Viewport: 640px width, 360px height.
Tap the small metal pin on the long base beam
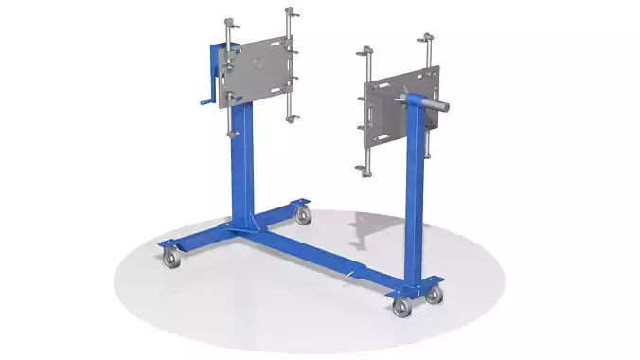351,275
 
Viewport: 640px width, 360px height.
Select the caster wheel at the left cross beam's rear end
303,215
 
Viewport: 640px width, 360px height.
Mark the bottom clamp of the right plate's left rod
364,170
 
